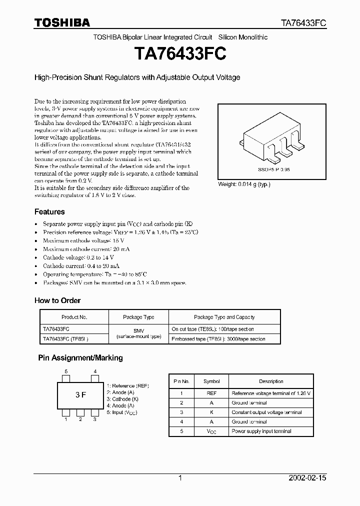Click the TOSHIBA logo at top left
[x=62, y=22]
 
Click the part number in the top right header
[x=302, y=23]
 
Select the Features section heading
[x=49, y=211]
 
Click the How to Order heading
[x=57, y=300]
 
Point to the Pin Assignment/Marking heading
[x=80, y=358]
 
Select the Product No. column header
[x=74, y=317]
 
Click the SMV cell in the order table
[x=138, y=331]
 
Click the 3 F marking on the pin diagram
[x=80, y=395]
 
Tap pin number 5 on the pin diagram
[x=65, y=371]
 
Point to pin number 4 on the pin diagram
[x=95, y=371]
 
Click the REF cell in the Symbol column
[x=211, y=393]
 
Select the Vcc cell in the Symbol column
[x=211, y=431]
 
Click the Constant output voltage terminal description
[x=266, y=412]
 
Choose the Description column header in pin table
[x=271, y=381]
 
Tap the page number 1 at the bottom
[x=180, y=478]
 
